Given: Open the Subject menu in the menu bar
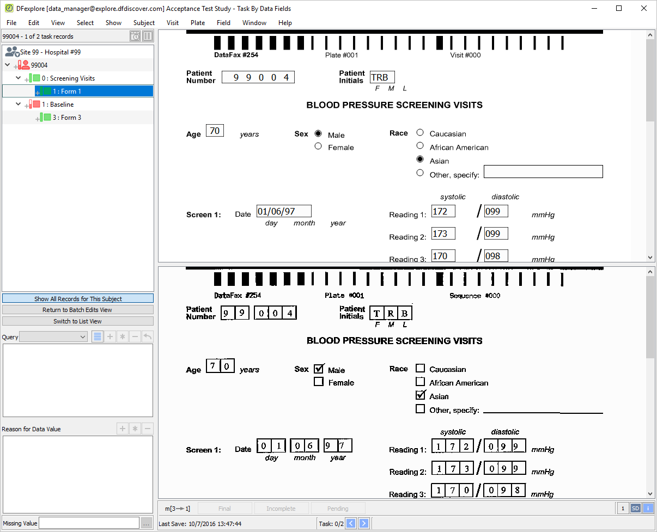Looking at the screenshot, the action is click(144, 23).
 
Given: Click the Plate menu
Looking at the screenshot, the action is click(198, 23).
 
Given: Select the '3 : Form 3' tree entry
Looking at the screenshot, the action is click(66, 118).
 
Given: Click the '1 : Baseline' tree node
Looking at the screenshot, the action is click(58, 105).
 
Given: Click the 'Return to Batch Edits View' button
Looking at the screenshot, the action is click(78, 310).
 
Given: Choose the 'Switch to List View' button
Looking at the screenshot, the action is click(78, 321).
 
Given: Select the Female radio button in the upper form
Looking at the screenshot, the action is click(318, 146).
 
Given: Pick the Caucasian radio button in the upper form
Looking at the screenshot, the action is click(420, 132).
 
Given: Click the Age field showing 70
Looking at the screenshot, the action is click(215, 131).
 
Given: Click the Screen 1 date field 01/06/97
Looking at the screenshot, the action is click(284, 211).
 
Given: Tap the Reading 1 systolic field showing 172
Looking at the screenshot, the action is click(443, 211).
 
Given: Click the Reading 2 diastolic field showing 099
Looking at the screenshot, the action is click(496, 233).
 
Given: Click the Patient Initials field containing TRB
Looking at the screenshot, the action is click(382, 77).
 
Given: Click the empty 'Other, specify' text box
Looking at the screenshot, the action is click(543, 172).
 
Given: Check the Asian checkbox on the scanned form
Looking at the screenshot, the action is click(420, 395).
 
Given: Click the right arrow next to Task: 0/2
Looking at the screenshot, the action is click(364, 523).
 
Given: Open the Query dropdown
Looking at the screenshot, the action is click(53, 337).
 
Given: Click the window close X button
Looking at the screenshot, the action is click(644, 8).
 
